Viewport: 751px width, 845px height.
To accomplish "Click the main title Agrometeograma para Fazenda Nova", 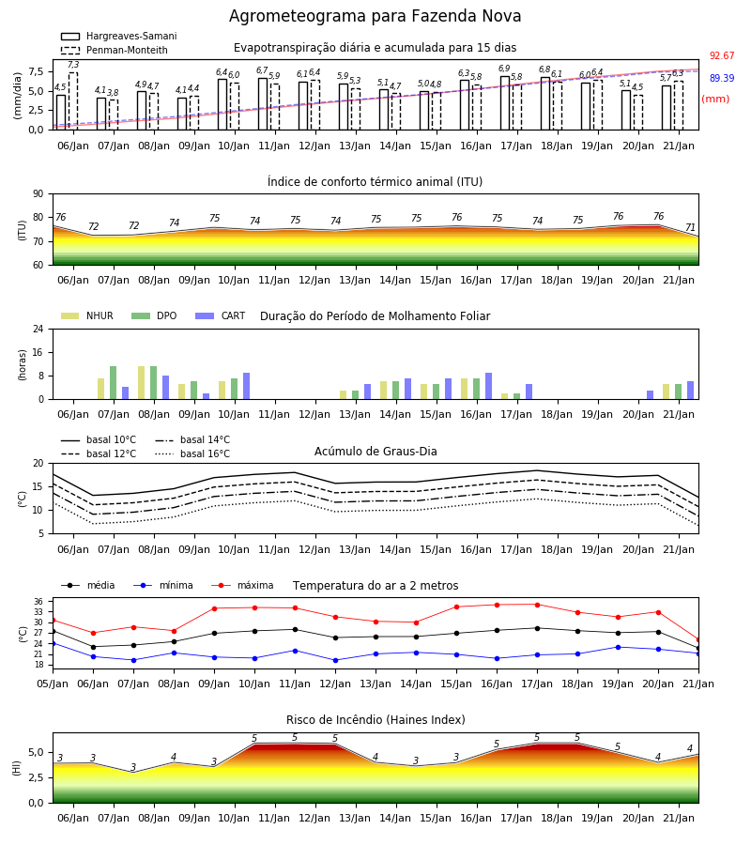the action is click(x=375, y=16).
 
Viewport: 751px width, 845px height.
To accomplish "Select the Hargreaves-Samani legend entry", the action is click(x=119, y=36).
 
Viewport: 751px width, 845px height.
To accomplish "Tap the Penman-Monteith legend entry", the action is click(x=115, y=50).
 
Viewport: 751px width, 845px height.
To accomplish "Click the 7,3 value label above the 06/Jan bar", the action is click(x=73, y=65).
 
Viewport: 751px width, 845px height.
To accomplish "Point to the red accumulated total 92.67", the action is click(x=722, y=55).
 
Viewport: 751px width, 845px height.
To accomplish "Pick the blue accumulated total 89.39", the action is click(x=722, y=78).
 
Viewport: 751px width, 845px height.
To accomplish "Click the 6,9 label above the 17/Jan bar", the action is click(x=504, y=69).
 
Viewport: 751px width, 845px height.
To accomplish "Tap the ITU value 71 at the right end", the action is click(x=691, y=227).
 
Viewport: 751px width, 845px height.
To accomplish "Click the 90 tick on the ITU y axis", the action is click(x=38, y=194).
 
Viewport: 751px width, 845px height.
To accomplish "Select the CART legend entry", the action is click(x=221, y=315).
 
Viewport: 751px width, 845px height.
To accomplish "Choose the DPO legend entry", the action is click(x=154, y=315).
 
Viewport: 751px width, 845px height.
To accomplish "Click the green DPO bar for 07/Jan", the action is click(x=114, y=383).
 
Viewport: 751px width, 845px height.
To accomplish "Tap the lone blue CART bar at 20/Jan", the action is click(x=651, y=395).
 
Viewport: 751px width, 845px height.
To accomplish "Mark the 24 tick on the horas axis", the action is click(x=38, y=329).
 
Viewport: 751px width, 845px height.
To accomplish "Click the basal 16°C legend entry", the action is click(x=192, y=453).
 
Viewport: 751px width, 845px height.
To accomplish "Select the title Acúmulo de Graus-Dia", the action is click(x=375, y=451).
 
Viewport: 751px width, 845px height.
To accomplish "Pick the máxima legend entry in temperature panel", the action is click(x=242, y=585).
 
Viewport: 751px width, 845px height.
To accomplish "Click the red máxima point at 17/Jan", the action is click(x=537, y=605).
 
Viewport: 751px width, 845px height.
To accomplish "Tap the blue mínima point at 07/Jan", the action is click(x=133, y=660).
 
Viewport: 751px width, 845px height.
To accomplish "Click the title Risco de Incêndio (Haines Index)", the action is click(x=375, y=720).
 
